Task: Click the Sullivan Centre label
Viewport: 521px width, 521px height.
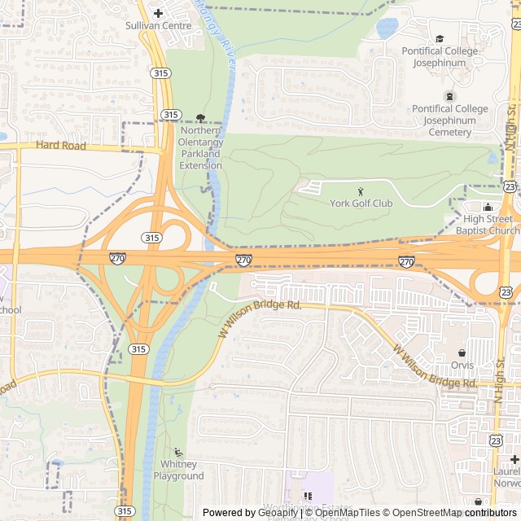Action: point(158,25)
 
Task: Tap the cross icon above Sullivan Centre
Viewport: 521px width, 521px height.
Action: point(158,12)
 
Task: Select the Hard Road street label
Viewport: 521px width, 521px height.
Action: point(61,146)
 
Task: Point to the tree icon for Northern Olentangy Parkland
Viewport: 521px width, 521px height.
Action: point(201,118)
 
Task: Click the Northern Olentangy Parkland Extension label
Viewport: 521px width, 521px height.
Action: point(200,148)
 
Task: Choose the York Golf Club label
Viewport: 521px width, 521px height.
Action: point(361,204)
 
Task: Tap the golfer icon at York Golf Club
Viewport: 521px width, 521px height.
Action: point(361,191)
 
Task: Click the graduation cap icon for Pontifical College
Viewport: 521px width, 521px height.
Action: point(440,38)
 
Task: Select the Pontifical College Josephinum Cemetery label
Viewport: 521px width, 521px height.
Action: point(449,120)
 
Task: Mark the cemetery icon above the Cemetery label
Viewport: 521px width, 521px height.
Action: point(449,96)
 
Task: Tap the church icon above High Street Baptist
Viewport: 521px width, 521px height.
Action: point(488,207)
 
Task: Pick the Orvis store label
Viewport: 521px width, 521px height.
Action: point(462,366)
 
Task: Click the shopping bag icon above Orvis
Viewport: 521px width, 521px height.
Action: point(462,353)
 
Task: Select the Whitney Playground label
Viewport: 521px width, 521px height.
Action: point(178,470)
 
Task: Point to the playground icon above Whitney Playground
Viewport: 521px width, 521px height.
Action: point(178,453)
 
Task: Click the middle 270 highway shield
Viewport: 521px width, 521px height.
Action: point(243,260)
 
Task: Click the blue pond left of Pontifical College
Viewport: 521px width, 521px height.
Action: point(387,29)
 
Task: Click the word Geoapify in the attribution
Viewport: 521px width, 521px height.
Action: point(278,513)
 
